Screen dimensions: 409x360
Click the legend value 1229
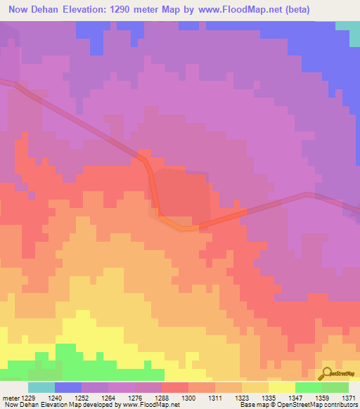(x=27, y=397)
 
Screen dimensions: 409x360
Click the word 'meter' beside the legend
(x=10, y=397)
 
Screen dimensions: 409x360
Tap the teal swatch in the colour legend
(x=41, y=387)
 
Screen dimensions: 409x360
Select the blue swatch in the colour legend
(x=67, y=387)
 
